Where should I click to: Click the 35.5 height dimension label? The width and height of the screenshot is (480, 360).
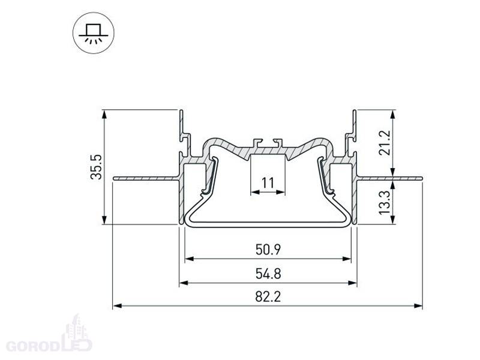tap(96, 167)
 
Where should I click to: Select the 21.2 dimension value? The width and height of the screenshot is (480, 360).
tap(385, 143)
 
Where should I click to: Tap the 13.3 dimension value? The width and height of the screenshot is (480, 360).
tap(385, 202)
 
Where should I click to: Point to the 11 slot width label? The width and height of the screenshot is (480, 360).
tap(268, 183)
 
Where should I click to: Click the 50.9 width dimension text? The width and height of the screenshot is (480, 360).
tap(268, 250)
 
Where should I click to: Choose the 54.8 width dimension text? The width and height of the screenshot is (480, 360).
tap(268, 274)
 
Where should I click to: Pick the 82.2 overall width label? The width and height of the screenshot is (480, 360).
tap(268, 296)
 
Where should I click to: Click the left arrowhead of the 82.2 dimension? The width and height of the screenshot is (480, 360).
tap(117, 305)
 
